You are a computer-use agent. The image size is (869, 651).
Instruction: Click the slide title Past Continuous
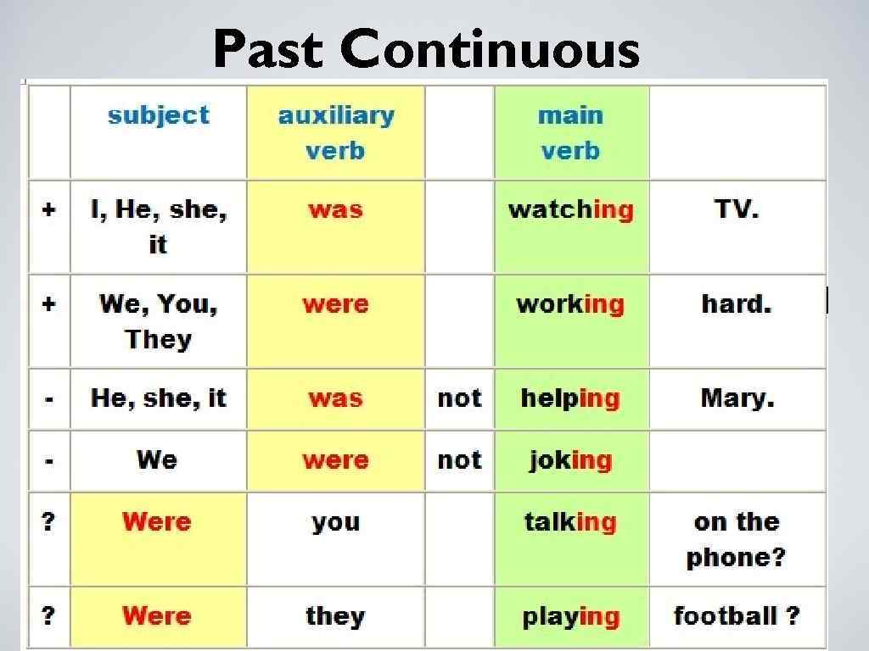(426, 49)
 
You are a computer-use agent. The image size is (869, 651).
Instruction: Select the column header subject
(158, 115)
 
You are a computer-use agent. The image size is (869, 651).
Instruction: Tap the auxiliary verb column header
(335, 133)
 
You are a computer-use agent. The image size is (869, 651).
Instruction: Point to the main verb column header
(570, 133)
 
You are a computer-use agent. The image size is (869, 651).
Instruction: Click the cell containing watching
(570, 209)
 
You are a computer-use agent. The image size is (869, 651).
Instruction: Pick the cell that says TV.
(736, 209)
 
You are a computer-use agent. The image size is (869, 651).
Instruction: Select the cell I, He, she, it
(158, 227)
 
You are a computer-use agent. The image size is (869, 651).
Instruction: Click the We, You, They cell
(158, 321)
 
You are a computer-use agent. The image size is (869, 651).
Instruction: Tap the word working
(570, 304)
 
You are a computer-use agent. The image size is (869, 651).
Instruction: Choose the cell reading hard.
(736, 304)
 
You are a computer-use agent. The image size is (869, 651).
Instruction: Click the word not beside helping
(459, 398)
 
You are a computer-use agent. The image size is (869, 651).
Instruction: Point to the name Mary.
(737, 398)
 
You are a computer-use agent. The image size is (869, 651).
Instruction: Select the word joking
(570, 460)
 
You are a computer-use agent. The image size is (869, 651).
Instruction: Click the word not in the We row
(459, 460)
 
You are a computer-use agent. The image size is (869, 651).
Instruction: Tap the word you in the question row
(335, 522)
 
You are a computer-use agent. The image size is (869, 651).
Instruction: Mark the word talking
(570, 522)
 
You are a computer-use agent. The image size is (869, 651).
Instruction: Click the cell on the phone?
(736, 539)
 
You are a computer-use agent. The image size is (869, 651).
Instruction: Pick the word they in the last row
(335, 616)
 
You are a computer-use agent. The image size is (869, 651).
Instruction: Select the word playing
(570, 616)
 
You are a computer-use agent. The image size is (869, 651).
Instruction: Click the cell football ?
(736, 616)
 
